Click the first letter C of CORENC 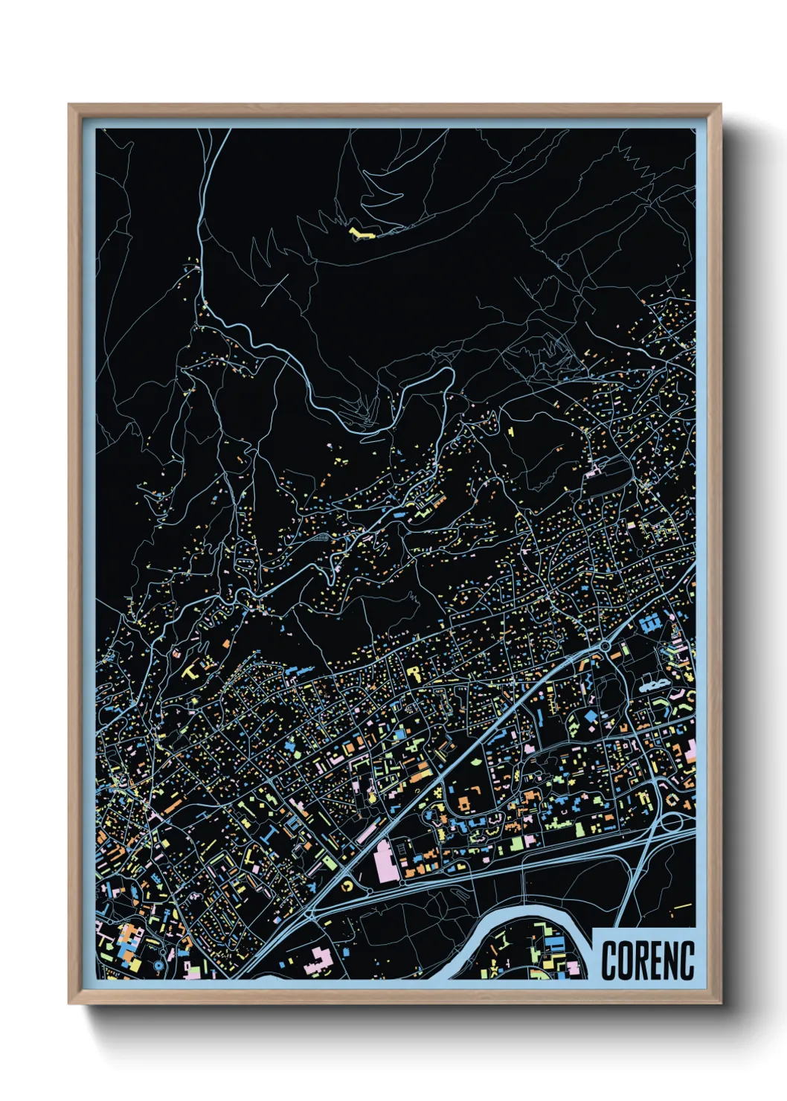coord(609,960)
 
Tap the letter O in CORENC coord(626,960)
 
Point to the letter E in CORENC coord(658,960)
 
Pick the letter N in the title coord(672,960)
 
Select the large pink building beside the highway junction coord(387,860)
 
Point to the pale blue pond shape coord(649,684)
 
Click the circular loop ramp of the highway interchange coord(672,822)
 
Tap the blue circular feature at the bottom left coord(159,965)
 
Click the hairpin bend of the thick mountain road coord(449,372)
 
